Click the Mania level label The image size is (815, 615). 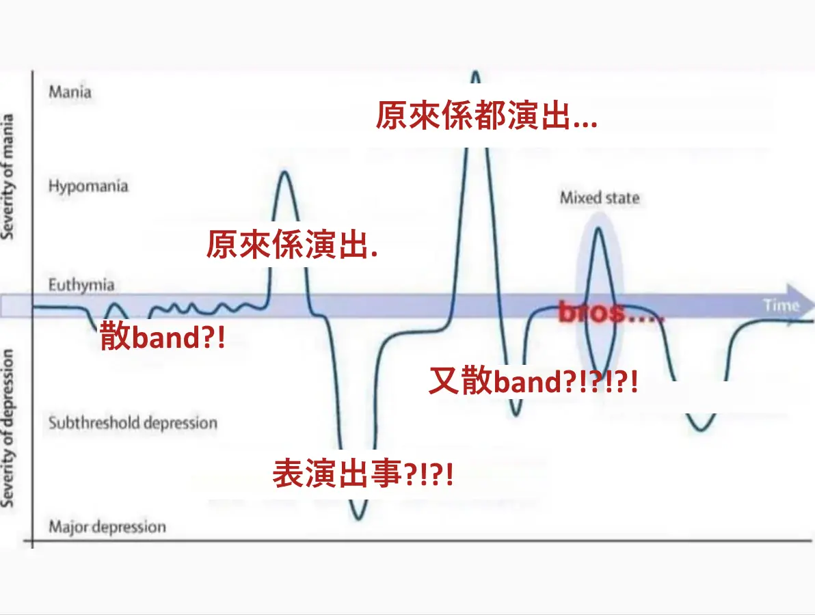point(70,92)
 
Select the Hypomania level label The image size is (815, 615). point(88,186)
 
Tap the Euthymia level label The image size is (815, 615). point(81,285)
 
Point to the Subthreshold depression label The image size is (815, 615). point(133,423)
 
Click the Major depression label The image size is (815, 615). point(107,527)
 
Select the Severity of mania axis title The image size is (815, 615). point(8,176)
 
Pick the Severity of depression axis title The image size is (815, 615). point(8,428)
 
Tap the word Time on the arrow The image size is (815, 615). point(781,305)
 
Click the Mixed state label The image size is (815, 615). point(600,198)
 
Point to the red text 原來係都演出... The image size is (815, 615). point(486,115)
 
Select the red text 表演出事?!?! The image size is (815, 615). point(363,473)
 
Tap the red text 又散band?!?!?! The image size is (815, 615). point(533,381)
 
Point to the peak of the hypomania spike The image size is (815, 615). point(284,172)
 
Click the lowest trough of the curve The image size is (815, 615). point(358,519)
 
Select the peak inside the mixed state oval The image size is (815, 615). point(599,228)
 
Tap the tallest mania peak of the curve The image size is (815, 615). point(475,72)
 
